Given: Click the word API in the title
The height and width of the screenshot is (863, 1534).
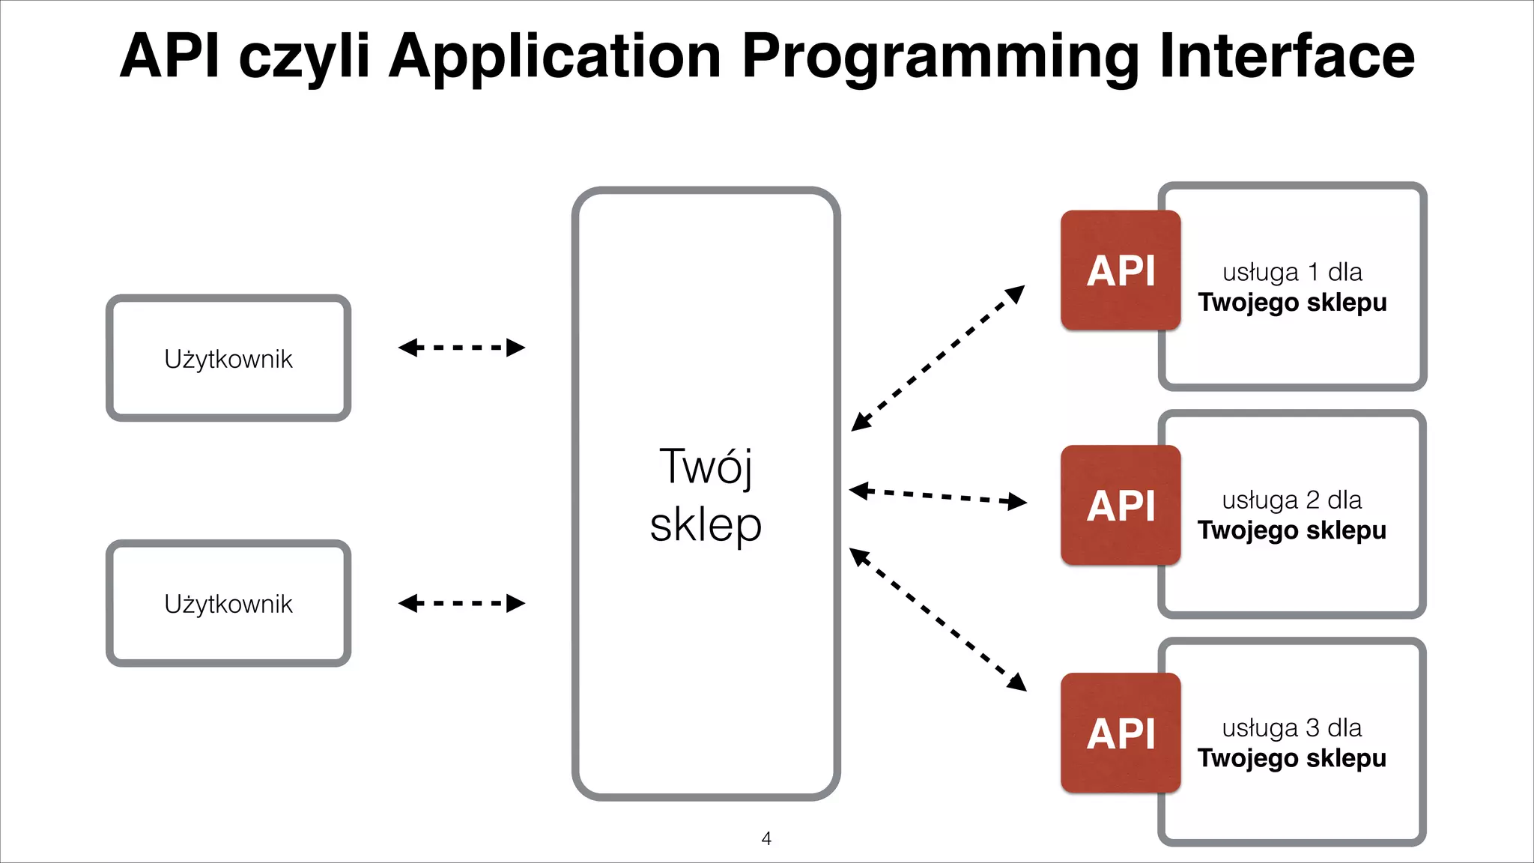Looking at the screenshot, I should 171,55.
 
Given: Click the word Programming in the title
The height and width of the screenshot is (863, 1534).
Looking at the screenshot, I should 940,57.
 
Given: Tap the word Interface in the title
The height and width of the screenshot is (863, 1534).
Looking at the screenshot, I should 1287,55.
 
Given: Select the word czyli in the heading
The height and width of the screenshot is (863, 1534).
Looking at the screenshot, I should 304,57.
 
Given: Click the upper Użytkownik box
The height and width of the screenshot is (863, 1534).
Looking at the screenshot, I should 228,358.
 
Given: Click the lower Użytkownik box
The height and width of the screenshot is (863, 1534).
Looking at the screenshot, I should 228,604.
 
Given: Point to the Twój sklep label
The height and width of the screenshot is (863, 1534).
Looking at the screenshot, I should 706,494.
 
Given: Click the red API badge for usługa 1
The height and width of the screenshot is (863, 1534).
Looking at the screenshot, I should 1121,270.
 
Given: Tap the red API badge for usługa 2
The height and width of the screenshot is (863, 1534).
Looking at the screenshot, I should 1121,506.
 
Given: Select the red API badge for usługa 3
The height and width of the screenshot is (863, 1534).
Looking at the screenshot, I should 1121,733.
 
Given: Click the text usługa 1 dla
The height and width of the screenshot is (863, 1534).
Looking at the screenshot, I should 1292,272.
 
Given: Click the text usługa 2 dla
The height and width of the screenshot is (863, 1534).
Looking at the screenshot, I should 1292,500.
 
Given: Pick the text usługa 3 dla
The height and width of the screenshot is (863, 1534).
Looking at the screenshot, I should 1292,727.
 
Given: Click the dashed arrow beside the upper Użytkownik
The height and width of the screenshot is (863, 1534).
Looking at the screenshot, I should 461,348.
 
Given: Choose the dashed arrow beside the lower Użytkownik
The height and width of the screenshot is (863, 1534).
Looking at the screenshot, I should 461,603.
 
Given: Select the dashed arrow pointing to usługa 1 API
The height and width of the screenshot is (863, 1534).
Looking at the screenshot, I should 938,358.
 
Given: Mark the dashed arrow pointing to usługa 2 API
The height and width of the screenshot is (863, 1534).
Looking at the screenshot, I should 938,496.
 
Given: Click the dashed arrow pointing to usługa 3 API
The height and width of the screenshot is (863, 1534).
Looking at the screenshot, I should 938,620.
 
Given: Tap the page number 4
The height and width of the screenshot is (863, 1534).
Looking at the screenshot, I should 766,838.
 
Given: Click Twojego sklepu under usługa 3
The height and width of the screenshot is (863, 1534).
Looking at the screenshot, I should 1292,758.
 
